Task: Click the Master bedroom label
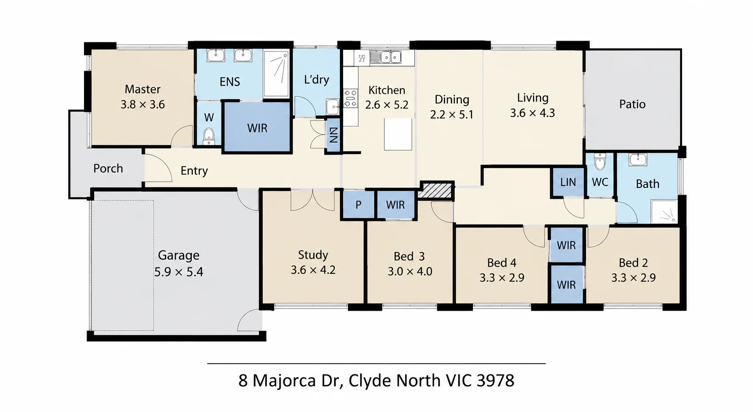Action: (x=143, y=89)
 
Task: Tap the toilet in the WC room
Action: (x=600, y=162)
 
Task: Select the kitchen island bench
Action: (x=398, y=134)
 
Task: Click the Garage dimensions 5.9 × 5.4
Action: (x=178, y=272)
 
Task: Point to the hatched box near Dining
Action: (x=437, y=191)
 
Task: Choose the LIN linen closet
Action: (x=568, y=182)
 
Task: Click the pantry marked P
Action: (x=358, y=204)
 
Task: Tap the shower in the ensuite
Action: (x=276, y=74)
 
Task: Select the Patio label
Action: (x=632, y=104)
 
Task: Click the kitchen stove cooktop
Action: (x=350, y=98)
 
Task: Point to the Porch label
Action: (x=108, y=168)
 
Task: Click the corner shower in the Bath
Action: (x=664, y=211)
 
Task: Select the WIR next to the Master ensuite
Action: (x=257, y=128)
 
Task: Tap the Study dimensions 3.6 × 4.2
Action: (x=313, y=270)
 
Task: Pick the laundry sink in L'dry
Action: (x=333, y=107)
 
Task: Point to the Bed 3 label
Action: (x=409, y=256)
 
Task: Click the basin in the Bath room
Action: (x=638, y=160)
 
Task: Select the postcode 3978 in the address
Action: (x=495, y=381)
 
